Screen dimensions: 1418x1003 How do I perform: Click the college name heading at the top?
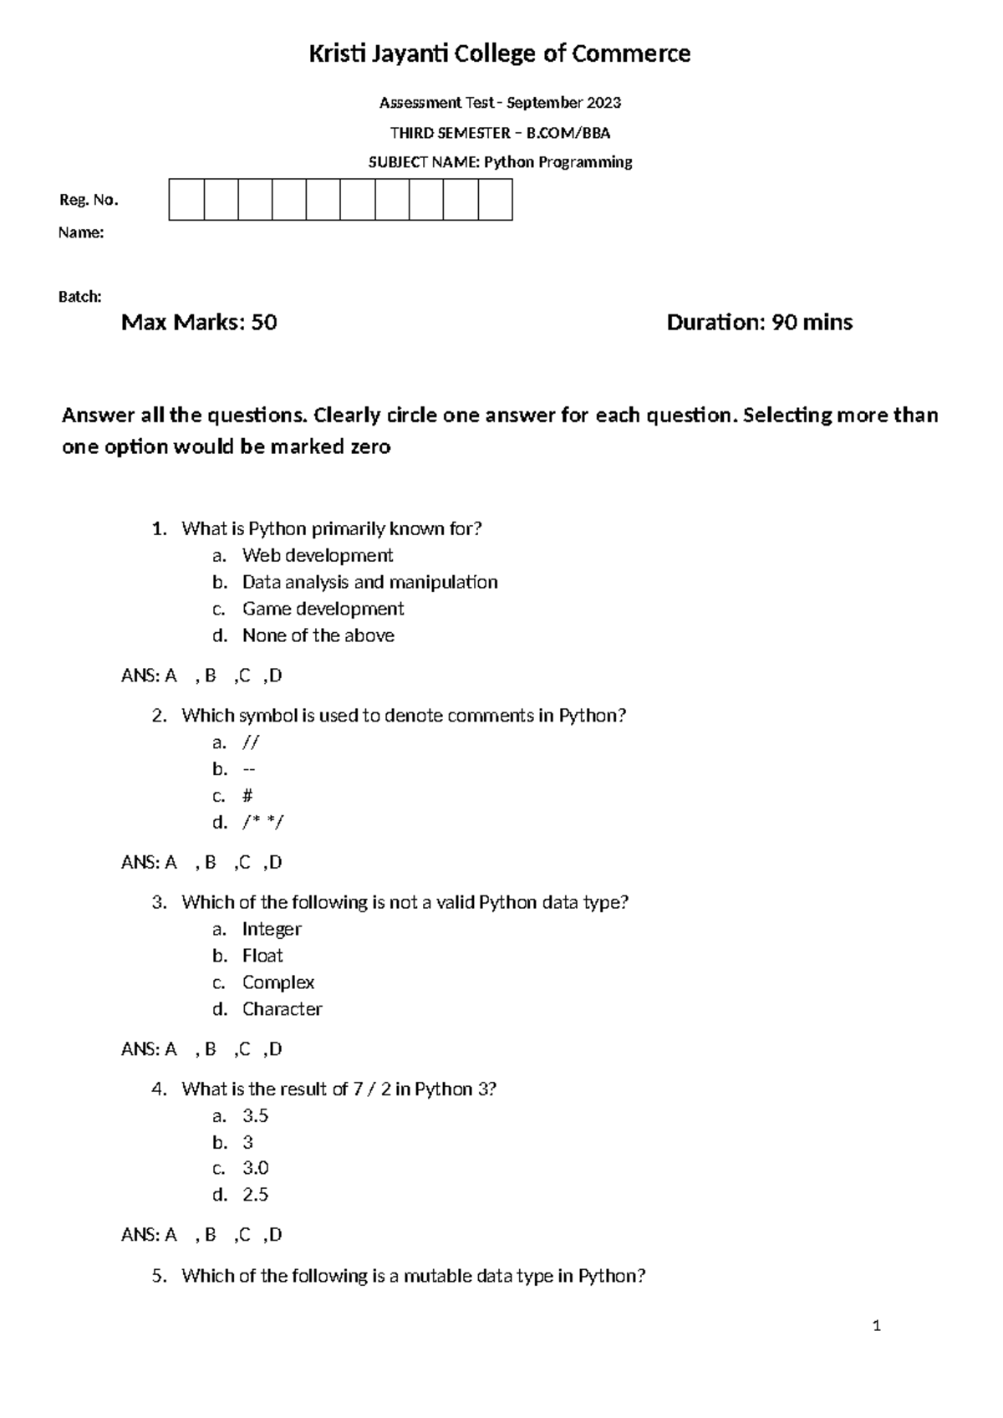coord(500,54)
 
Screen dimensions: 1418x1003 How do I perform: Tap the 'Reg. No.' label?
coord(89,200)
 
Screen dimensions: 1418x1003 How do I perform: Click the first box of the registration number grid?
coord(186,200)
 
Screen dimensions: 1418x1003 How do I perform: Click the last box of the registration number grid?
coord(496,200)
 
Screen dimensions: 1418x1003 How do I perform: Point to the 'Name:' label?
coord(81,233)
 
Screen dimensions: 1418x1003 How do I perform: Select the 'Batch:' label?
coord(80,297)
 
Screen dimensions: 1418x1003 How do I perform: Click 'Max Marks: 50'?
coord(199,323)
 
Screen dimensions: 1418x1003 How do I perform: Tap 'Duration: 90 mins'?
coord(759,323)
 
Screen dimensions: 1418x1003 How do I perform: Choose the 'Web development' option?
coord(318,555)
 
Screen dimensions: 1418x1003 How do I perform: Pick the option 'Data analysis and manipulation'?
coord(369,582)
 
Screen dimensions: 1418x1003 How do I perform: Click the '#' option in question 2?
coord(247,796)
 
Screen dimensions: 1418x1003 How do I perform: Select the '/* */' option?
coord(262,823)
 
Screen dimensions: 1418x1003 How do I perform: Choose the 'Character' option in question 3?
coord(282,1009)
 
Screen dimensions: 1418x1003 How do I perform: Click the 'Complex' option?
coord(278,982)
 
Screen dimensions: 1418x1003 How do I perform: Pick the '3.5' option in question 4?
coord(255,1115)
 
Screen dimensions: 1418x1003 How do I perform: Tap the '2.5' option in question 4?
coord(255,1195)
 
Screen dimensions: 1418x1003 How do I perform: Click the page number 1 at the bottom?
coord(877,1325)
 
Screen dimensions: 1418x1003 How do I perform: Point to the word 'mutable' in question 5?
coord(436,1276)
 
